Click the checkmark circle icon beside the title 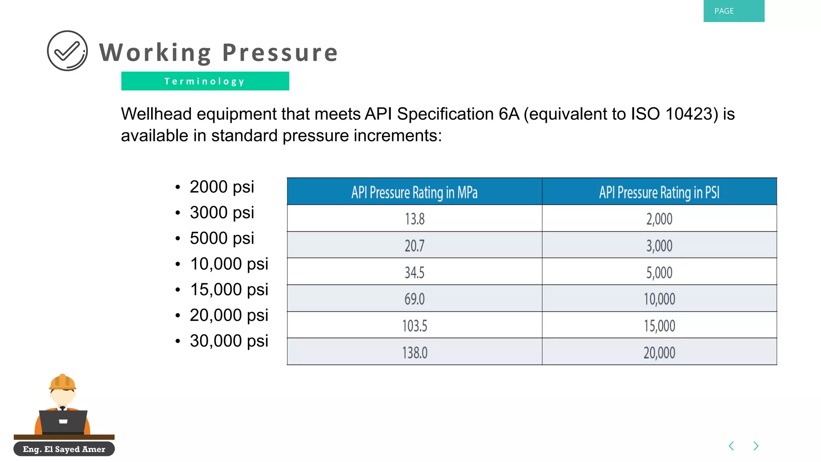[67, 51]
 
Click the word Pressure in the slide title [280, 53]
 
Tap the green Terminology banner [205, 81]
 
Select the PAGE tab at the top [733, 11]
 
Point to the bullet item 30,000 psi [229, 341]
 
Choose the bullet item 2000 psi [222, 187]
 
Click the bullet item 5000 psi [222, 238]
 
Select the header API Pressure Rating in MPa [414, 192]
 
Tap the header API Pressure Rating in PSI [659, 192]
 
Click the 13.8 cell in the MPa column [414, 219]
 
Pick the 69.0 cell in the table [414, 299]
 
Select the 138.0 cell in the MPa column [414, 353]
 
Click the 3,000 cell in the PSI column [659, 245]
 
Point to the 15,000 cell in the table [659, 326]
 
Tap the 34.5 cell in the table [414, 272]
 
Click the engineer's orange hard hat [63, 382]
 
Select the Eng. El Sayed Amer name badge [64, 449]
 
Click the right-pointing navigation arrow [756, 446]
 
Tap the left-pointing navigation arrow [731, 446]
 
